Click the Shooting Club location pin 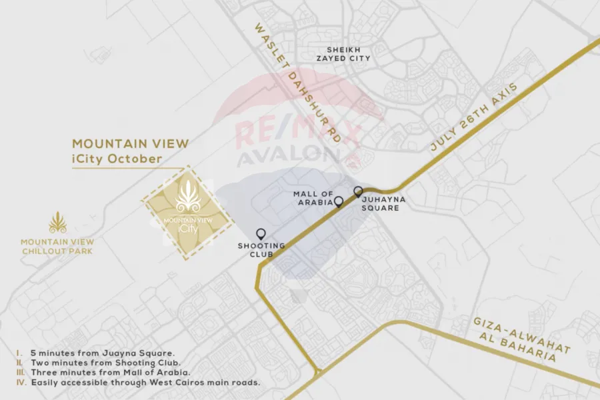click(261, 234)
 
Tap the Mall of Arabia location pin click(338, 201)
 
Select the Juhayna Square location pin click(358, 192)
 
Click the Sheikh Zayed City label click(344, 54)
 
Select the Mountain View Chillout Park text click(57, 246)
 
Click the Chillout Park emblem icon click(58, 222)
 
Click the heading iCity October click(117, 159)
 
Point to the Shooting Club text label click(261, 249)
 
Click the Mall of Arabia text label click(313, 198)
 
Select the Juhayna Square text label click(380, 203)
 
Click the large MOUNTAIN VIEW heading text click(130, 143)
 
